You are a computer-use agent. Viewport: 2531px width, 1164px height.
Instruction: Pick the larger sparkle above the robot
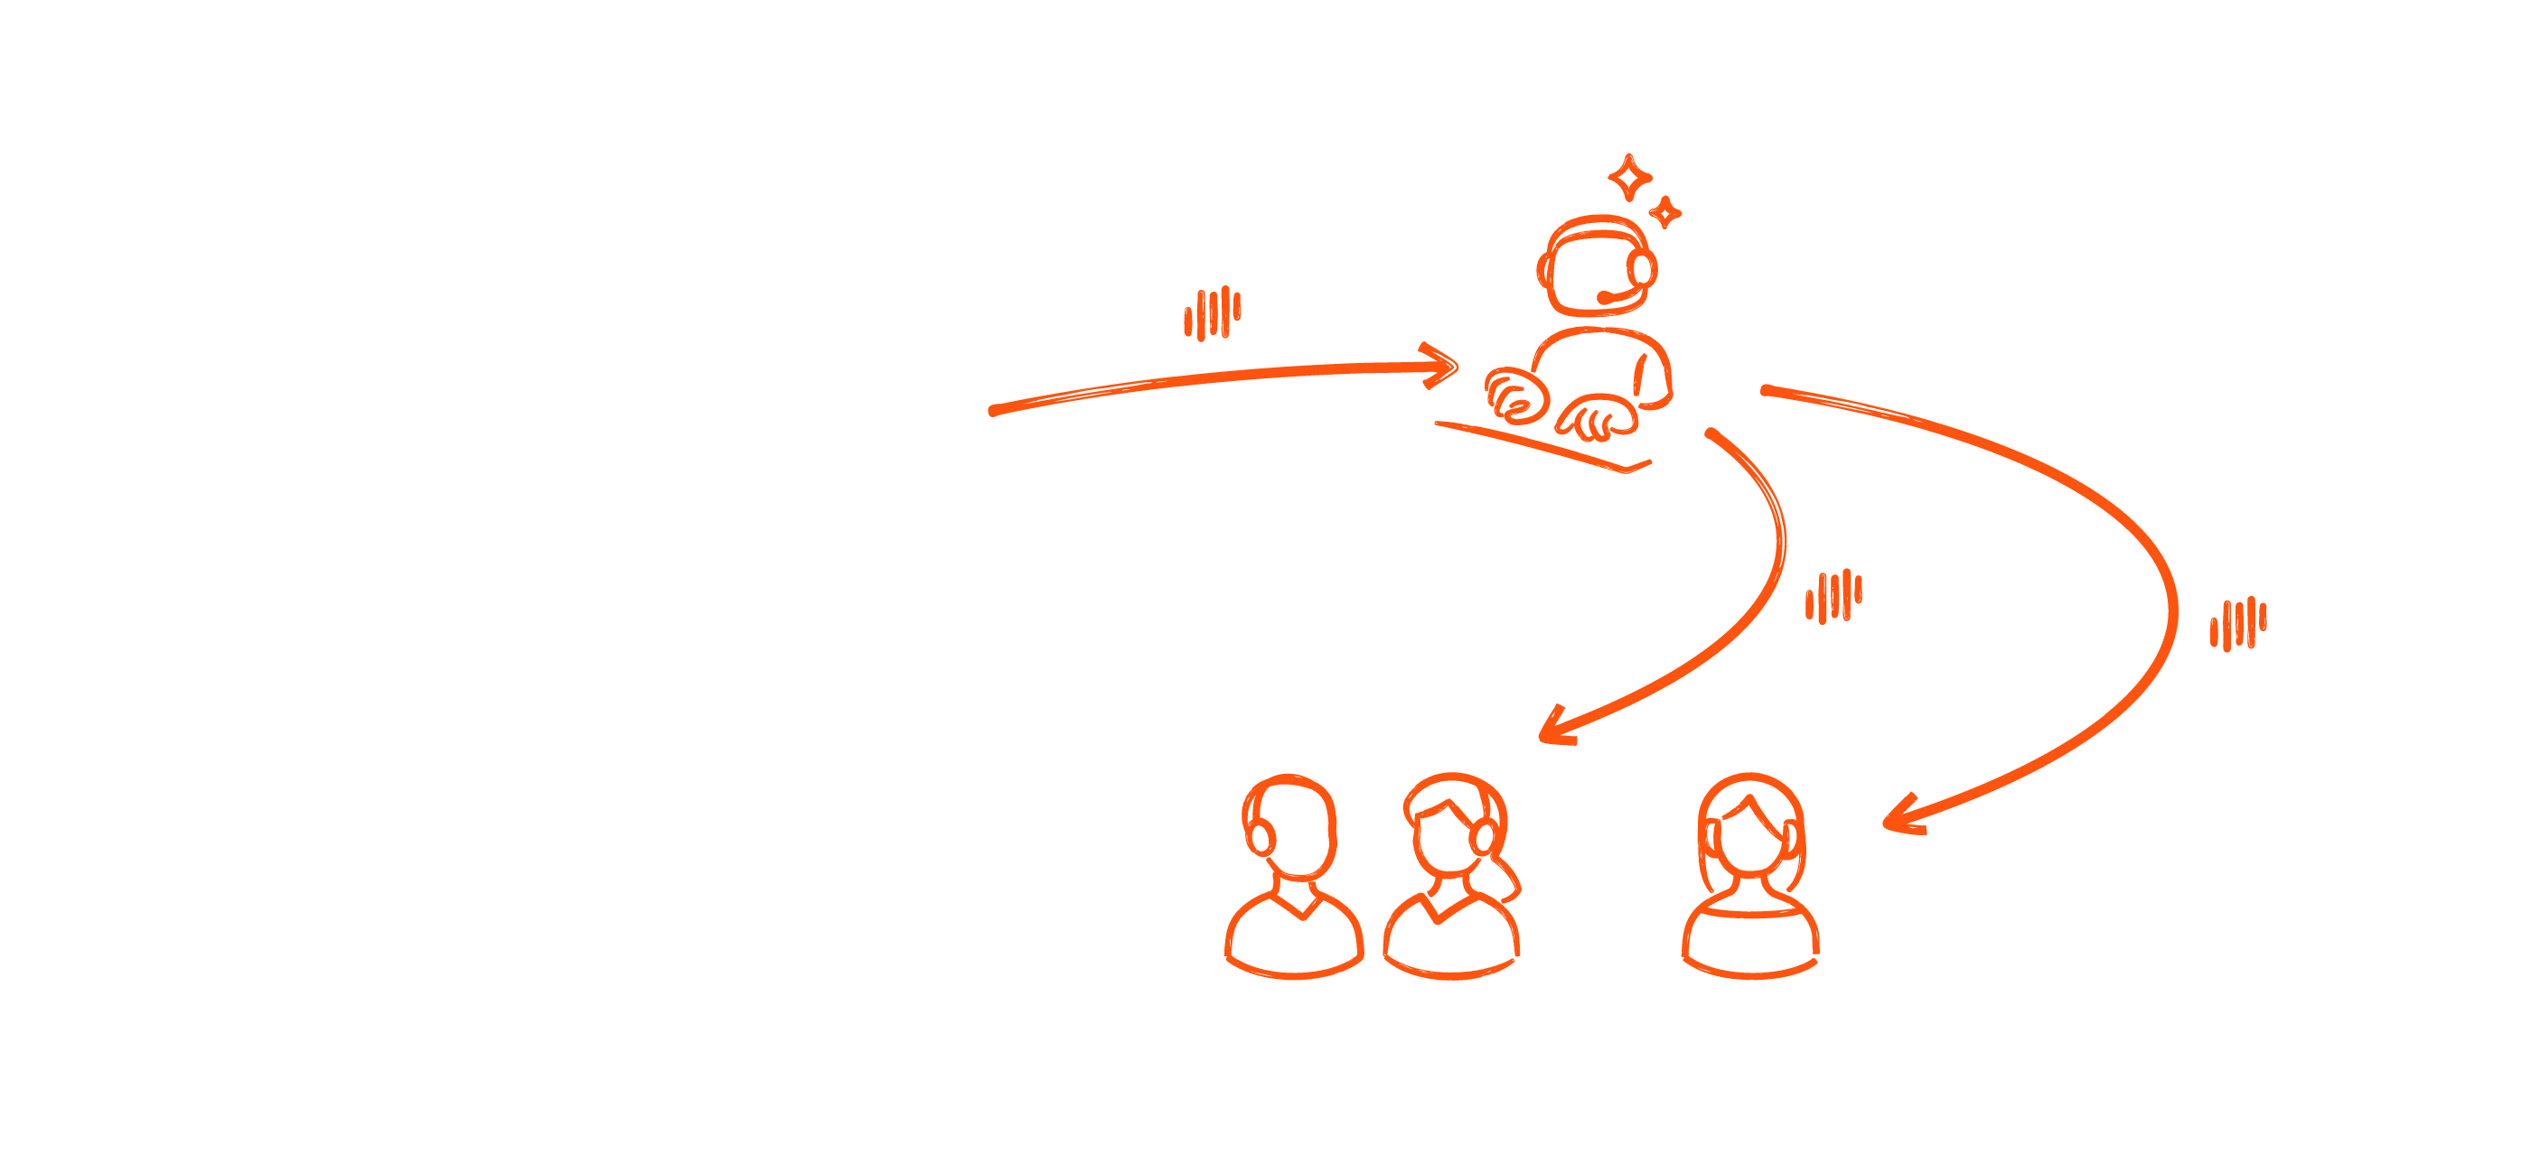(x=1630, y=179)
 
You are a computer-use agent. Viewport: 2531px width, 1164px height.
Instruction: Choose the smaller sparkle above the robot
(x=1664, y=211)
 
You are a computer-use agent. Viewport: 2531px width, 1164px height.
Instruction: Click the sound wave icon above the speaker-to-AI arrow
(x=1213, y=313)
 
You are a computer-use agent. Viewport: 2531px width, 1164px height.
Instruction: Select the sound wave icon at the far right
(x=2238, y=624)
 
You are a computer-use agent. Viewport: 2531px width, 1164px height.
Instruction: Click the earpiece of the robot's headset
(x=1640, y=267)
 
